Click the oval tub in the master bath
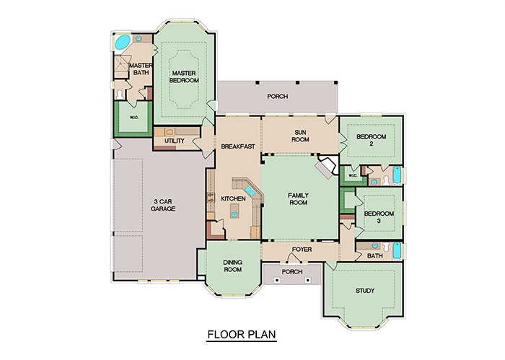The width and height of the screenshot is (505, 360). pos(123,42)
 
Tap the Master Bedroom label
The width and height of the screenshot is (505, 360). pos(184,76)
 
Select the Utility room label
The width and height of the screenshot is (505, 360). pos(175,141)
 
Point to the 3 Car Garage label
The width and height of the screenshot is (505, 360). pos(163,205)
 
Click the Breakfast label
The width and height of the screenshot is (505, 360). pos(237,146)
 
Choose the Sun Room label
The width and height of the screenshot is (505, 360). pos(301,136)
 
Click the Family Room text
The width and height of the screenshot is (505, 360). pos(298,199)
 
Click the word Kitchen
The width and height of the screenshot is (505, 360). pos(233,198)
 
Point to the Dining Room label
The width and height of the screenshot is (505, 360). pos(232,266)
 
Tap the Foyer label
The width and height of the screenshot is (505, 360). pos(301,250)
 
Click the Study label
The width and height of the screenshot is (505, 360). pos(365,291)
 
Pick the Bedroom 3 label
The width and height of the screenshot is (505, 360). pos(378,217)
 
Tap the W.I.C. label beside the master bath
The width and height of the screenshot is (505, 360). pos(133,118)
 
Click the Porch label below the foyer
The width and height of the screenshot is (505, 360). pos(292,273)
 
